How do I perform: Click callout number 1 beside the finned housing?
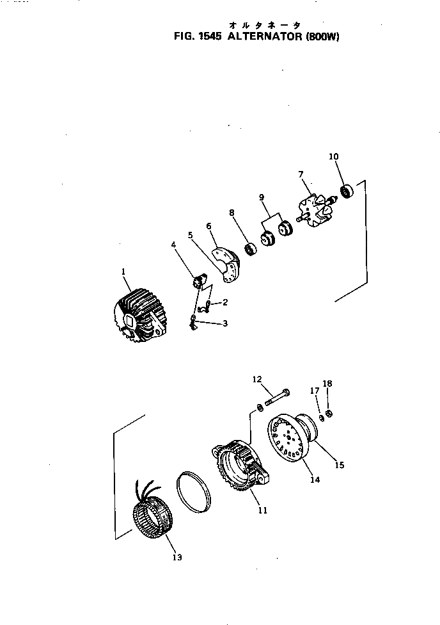123,272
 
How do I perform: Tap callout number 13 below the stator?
177,558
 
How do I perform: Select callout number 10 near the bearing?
334,156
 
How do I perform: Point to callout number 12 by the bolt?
257,380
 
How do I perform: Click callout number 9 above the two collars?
261,197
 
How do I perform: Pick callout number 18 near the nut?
327,384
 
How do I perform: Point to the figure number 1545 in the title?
208,37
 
